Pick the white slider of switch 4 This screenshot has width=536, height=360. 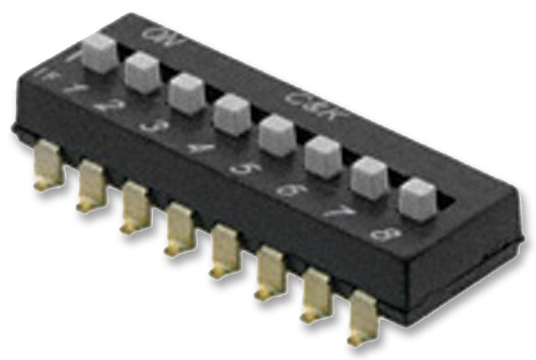coord(231,114)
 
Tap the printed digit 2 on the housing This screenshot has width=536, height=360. coord(112,105)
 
